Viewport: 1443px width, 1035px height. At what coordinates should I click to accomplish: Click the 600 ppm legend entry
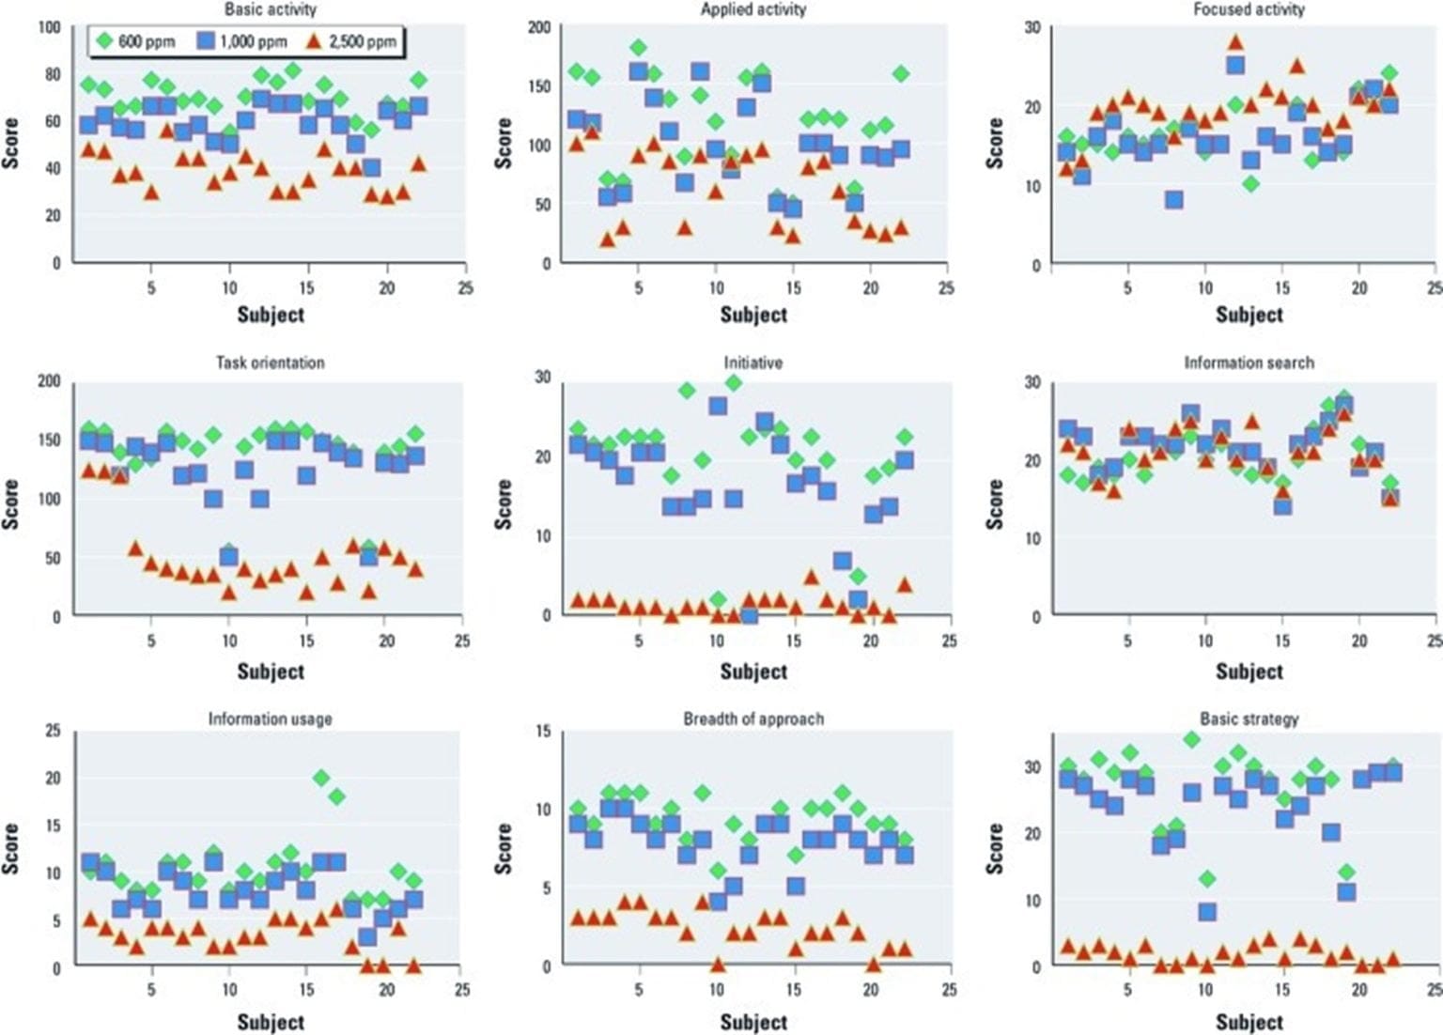pyautogui.click(x=133, y=41)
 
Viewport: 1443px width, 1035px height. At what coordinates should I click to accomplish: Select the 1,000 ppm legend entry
pyautogui.click(x=241, y=41)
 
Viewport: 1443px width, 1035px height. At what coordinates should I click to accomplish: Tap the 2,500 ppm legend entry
pyautogui.click(x=351, y=41)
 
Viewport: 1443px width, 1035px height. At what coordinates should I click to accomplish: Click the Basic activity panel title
pyautogui.click(x=271, y=9)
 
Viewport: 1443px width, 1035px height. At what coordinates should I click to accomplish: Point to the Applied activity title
pyautogui.click(x=753, y=9)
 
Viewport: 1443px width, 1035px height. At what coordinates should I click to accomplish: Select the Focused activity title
pyautogui.click(x=1249, y=9)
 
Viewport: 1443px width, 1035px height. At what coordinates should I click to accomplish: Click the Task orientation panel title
pyautogui.click(x=270, y=363)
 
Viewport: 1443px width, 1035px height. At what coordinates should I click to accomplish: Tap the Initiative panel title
pyautogui.click(x=753, y=363)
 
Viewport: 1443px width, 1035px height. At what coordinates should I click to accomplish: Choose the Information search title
pyautogui.click(x=1249, y=363)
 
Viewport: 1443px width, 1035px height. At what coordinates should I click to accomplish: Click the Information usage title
pyautogui.click(x=270, y=718)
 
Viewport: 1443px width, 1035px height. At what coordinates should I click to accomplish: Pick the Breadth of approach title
pyautogui.click(x=753, y=718)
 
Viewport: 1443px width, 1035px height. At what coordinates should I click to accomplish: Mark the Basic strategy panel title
pyautogui.click(x=1249, y=718)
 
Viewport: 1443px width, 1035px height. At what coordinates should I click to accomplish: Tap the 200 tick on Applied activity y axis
pyautogui.click(x=539, y=26)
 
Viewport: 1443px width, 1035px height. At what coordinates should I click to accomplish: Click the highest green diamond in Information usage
pyautogui.click(x=321, y=778)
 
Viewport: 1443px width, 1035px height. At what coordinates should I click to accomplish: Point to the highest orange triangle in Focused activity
pyautogui.click(x=1234, y=42)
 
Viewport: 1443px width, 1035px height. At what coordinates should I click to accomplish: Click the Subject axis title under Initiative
pyautogui.click(x=753, y=671)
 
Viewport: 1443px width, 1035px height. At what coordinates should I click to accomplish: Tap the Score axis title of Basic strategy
pyautogui.click(x=994, y=848)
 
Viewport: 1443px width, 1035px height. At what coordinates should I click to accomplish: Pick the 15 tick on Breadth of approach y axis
pyautogui.click(x=543, y=731)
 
